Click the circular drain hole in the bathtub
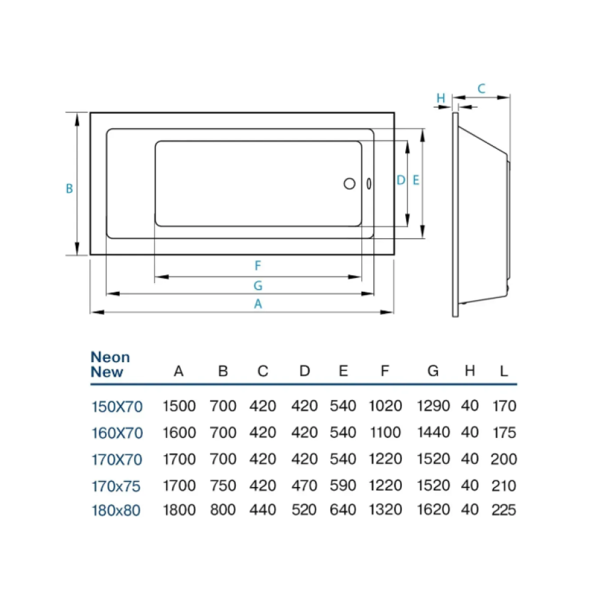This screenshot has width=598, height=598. pyautogui.click(x=349, y=184)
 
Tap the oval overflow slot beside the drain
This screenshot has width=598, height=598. pyautogui.click(x=369, y=184)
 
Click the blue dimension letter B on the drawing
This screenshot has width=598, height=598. pyautogui.click(x=69, y=189)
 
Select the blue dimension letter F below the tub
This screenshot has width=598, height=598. pyautogui.click(x=258, y=265)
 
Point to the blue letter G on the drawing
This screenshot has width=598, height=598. pyautogui.click(x=258, y=285)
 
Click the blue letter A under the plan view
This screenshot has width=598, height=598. pyautogui.click(x=258, y=304)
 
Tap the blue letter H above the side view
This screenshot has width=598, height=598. pyautogui.click(x=441, y=98)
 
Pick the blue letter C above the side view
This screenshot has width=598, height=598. pyautogui.click(x=481, y=88)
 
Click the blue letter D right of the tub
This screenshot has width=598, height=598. pyautogui.click(x=401, y=180)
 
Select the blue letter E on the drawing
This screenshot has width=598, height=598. pyautogui.click(x=416, y=180)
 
